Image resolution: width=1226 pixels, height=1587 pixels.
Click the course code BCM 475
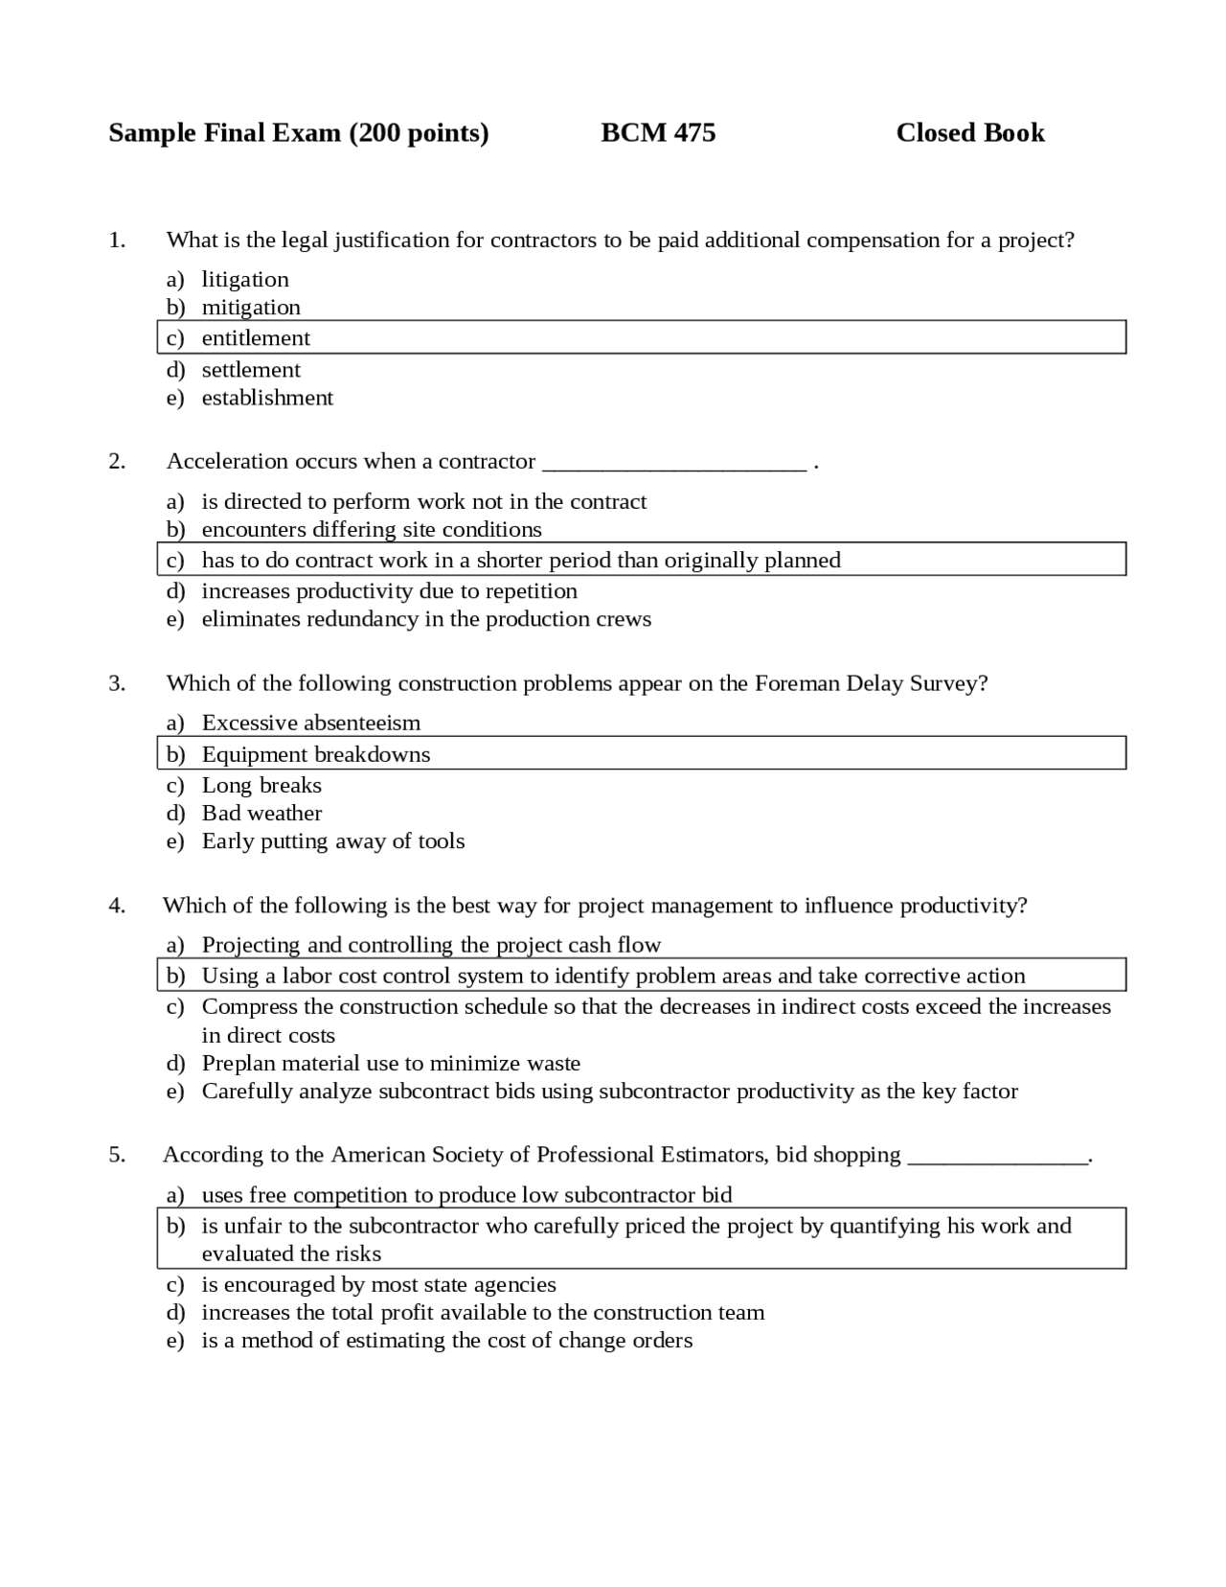(658, 132)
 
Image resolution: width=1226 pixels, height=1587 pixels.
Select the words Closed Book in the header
(969, 132)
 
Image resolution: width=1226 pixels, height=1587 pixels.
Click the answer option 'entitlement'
(256, 338)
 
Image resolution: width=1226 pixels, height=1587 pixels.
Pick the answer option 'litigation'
(245, 279)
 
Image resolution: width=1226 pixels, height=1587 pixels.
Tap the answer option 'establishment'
(267, 398)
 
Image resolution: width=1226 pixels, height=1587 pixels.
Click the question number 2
(117, 461)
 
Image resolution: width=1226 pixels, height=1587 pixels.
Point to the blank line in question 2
(674, 468)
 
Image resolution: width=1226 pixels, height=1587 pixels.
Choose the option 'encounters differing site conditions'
(372, 529)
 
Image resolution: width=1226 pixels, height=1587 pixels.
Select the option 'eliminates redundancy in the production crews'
(426, 619)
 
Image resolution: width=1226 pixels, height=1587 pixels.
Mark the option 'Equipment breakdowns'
(316, 754)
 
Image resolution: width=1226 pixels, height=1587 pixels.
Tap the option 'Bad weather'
(261, 814)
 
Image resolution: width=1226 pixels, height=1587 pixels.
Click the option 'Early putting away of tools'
(333, 841)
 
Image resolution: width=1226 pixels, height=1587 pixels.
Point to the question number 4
(117, 906)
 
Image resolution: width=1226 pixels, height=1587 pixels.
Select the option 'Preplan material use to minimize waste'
(391, 1063)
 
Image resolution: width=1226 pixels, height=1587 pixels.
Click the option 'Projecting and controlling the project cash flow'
(431, 945)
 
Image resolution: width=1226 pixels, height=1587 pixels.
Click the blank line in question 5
(997, 1161)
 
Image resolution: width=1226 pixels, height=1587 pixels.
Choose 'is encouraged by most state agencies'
(378, 1284)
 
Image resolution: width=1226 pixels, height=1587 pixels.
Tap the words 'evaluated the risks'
(291, 1253)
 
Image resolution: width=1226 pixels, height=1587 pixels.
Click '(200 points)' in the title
(419, 132)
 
